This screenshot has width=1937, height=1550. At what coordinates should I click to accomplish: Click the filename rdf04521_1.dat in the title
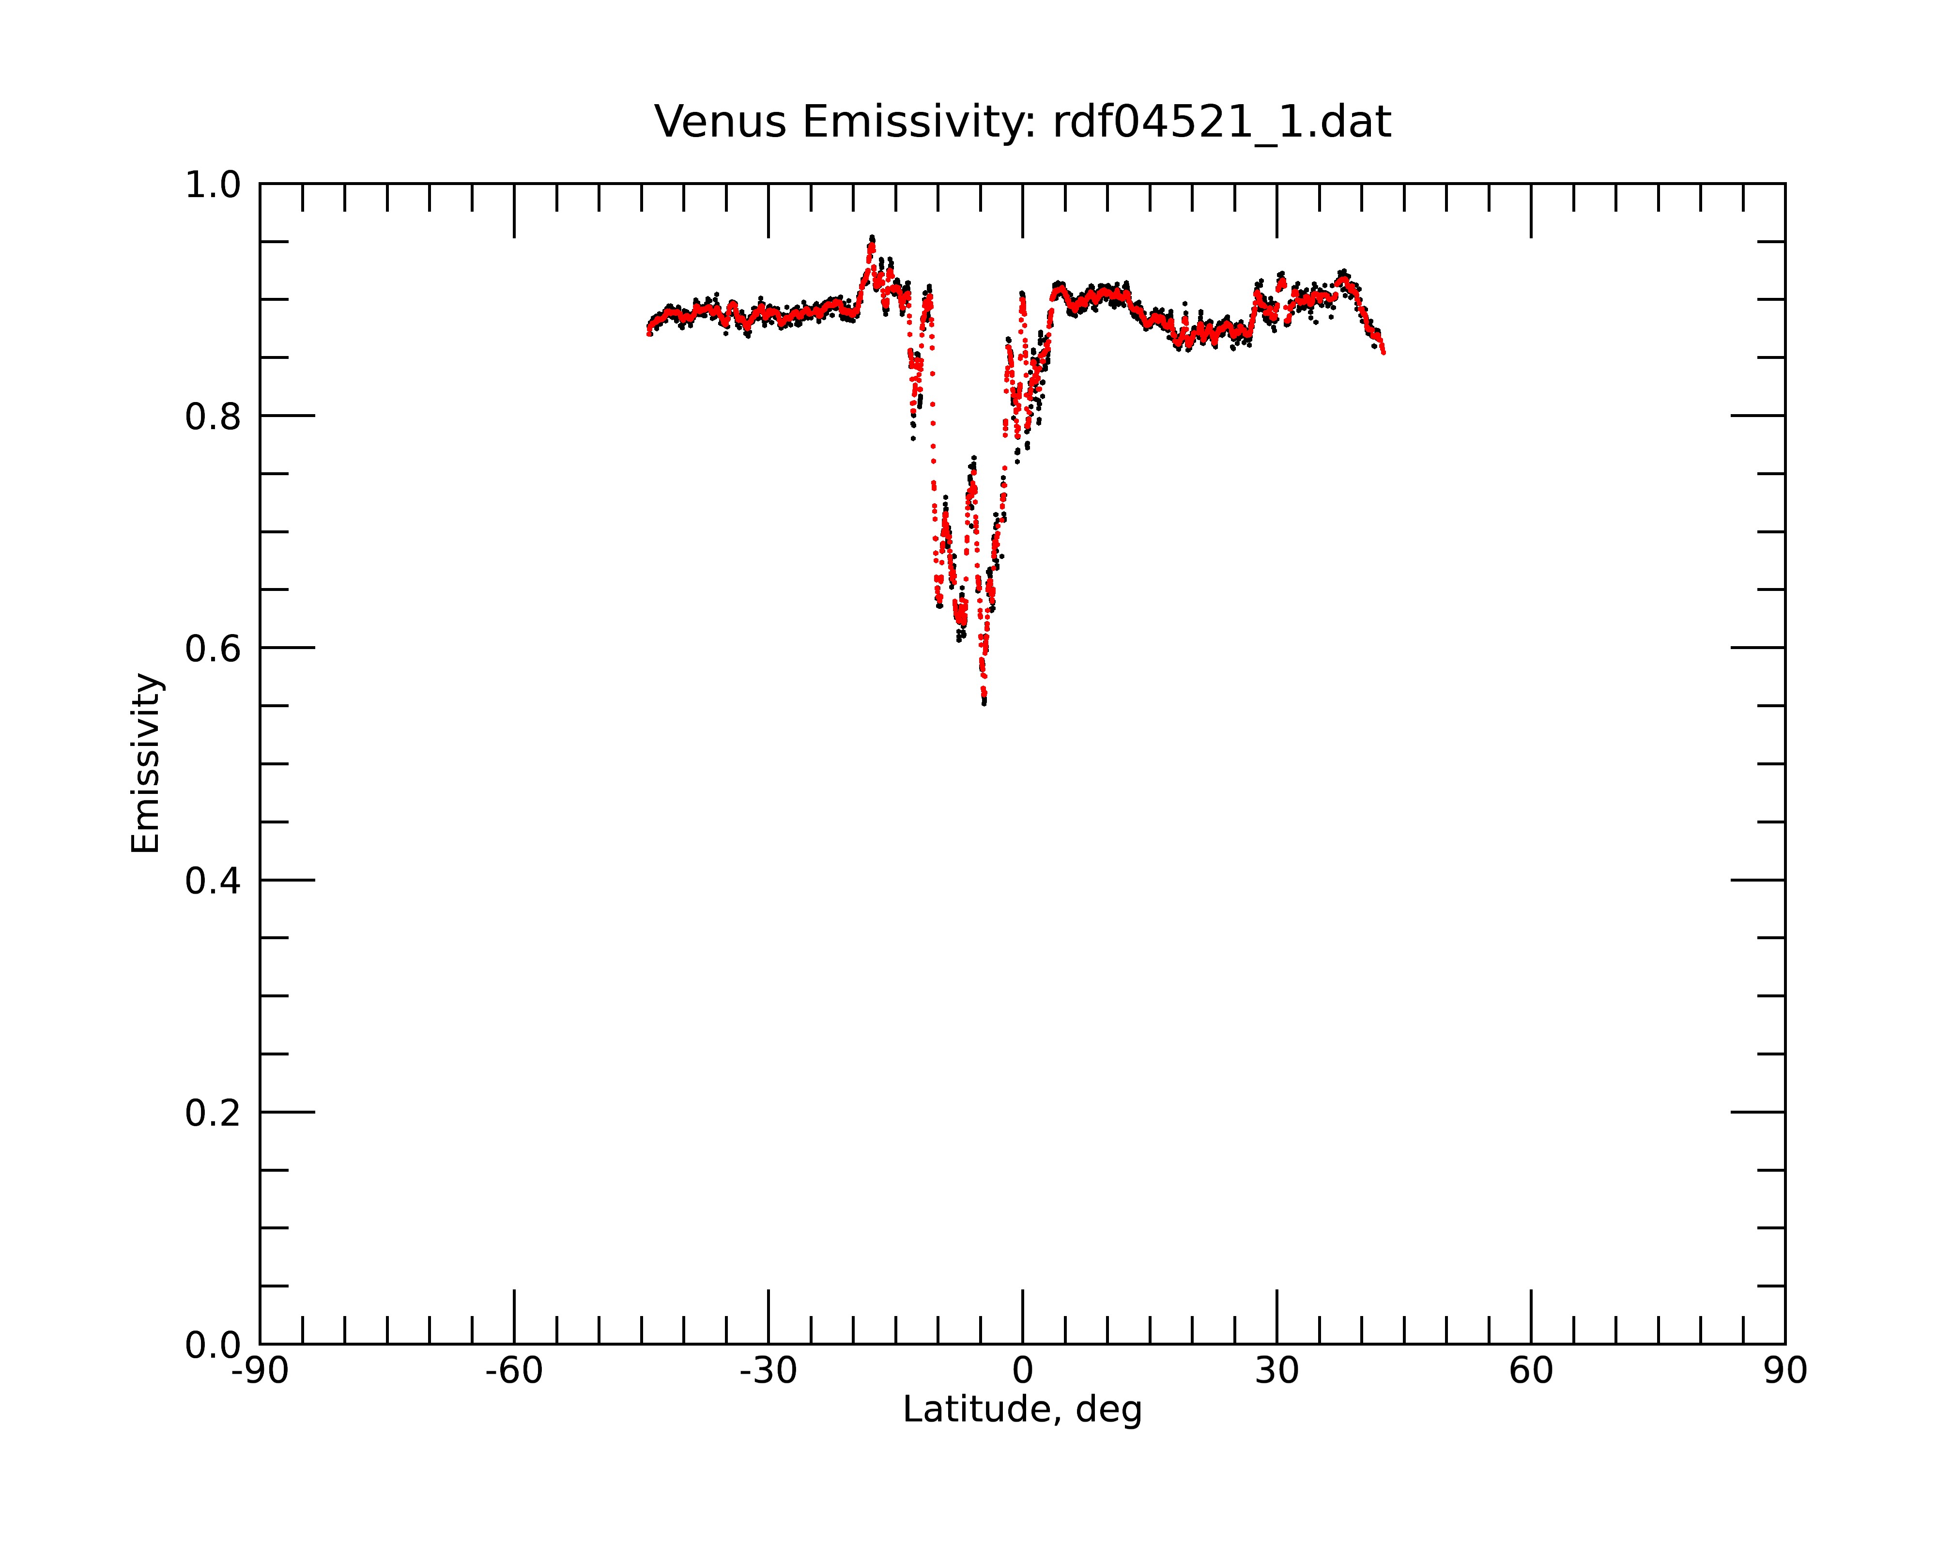pos(1222,122)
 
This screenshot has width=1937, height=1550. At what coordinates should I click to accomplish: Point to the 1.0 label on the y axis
pos(213,185)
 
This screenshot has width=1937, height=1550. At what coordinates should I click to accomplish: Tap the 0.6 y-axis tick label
pos(213,649)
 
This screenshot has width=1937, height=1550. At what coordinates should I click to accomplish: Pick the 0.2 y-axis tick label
pos(213,1113)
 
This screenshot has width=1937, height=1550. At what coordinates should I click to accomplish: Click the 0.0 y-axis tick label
pos(213,1345)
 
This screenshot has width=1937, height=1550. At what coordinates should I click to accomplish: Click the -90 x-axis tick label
pos(260,1371)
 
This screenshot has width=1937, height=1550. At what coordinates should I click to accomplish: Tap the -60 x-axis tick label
pos(514,1371)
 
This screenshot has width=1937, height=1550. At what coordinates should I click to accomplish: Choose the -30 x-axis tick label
pos(768,1371)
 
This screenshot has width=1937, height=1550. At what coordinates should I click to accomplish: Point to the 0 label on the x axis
pos(1022,1371)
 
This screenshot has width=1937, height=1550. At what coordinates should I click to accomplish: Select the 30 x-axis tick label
pos(1276,1371)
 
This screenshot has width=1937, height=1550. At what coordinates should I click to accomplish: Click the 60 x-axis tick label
pos(1531,1371)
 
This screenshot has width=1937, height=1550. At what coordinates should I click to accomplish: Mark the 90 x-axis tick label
pos(1785,1371)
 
